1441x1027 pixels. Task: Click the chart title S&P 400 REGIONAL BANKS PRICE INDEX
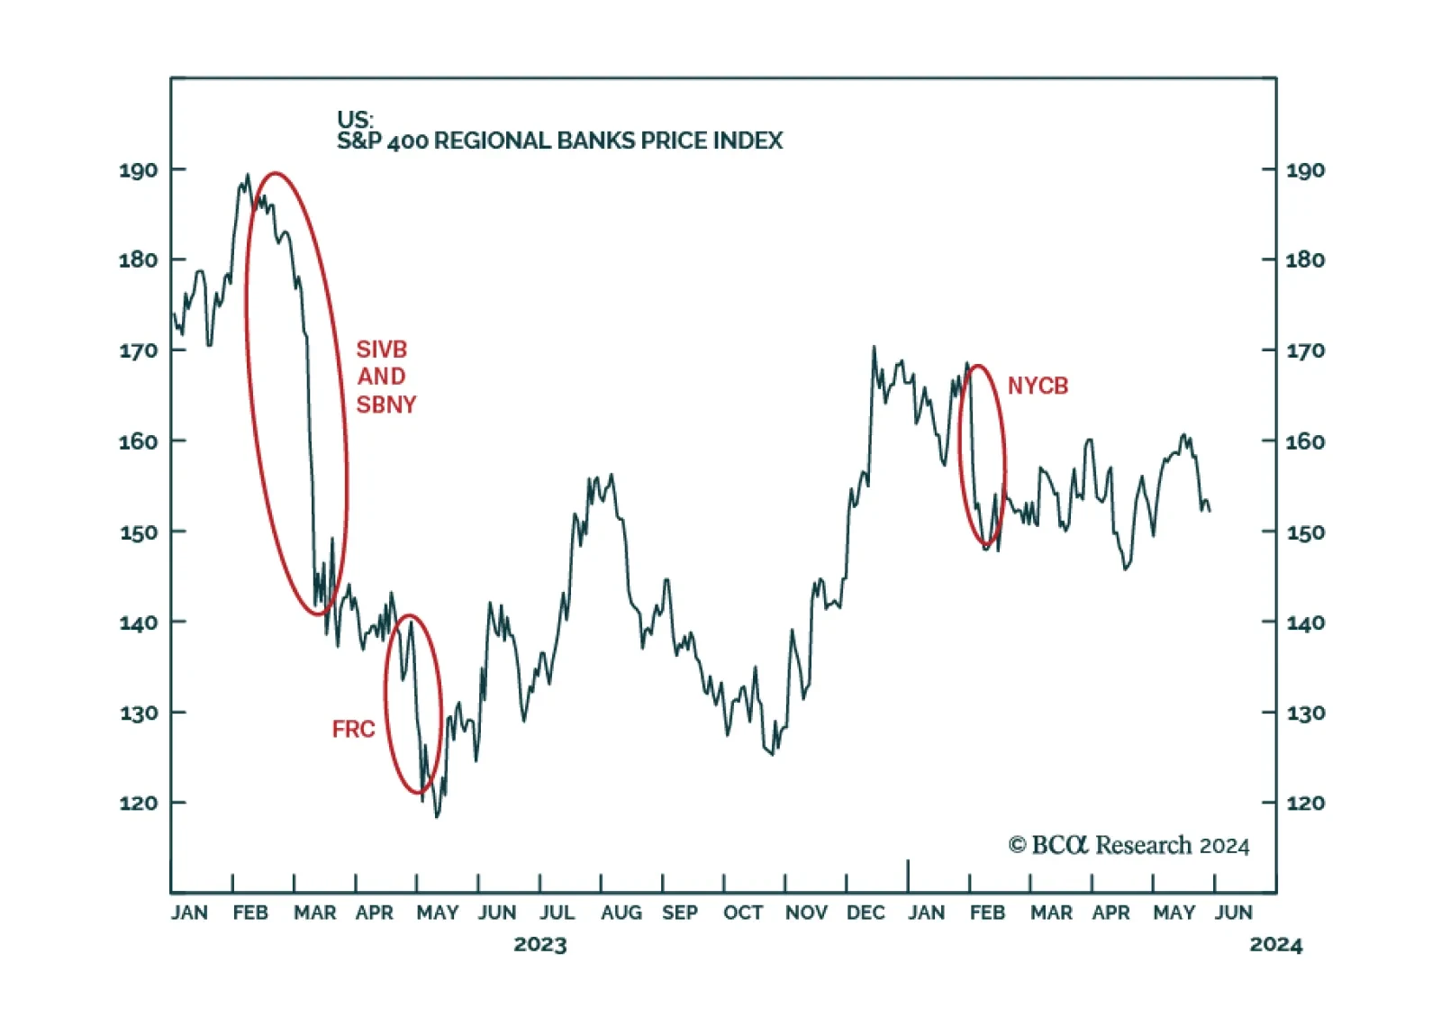click(559, 141)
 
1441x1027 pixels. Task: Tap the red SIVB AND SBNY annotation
click(385, 377)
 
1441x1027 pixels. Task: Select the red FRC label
click(353, 729)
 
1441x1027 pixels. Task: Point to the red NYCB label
click(1038, 386)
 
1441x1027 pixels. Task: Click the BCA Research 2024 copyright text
click(1128, 845)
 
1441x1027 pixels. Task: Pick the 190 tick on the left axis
click(138, 170)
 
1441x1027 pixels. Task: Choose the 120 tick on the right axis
click(1305, 803)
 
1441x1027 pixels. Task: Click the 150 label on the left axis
click(138, 532)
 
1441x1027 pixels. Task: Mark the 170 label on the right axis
click(1305, 350)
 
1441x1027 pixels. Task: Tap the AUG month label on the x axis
click(621, 913)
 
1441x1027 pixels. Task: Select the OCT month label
click(743, 913)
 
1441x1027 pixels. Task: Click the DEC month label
click(866, 913)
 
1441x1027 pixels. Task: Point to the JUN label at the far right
click(1233, 913)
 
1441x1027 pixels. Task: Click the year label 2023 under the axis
click(540, 945)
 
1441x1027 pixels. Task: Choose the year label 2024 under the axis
click(1275, 945)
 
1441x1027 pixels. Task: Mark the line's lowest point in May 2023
click(438, 816)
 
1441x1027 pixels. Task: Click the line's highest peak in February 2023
click(248, 176)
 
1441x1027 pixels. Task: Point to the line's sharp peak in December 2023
click(874, 347)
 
